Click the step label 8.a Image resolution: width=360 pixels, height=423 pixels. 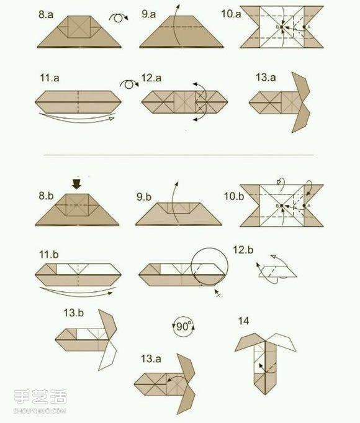[46, 14]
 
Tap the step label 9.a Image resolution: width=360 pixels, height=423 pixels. [148, 14]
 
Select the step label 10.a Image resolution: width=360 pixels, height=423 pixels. [231, 14]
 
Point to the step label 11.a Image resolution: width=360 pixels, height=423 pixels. [50, 78]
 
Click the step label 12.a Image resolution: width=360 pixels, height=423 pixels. [151, 78]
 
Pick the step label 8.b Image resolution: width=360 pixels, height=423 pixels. [46, 196]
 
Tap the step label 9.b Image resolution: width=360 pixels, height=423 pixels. [144, 197]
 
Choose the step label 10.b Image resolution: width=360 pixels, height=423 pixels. [234, 196]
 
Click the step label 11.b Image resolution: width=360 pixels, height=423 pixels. [49, 255]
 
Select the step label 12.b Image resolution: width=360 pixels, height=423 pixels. [243, 250]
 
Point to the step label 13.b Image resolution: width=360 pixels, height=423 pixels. [73, 312]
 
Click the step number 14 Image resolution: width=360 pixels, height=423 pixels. [243, 321]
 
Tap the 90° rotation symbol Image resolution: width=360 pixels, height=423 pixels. [183, 327]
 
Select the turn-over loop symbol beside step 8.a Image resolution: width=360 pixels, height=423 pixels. [119, 18]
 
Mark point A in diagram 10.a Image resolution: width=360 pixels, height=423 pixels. [304, 27]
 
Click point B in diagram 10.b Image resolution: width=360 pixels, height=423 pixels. [282, 206]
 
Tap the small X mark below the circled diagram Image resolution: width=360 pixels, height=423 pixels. [218, 294]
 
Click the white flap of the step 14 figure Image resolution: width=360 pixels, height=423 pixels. [282, 342]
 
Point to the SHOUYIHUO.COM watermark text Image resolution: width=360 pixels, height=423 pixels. [40, 411]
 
